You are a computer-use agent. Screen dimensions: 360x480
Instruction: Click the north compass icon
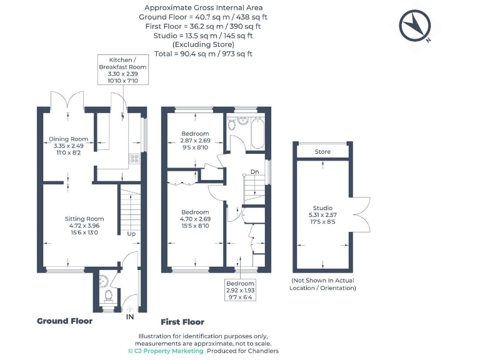point(415,27)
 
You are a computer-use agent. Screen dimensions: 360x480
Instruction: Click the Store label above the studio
point(322,152)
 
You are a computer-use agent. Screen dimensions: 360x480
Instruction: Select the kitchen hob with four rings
point(134,159)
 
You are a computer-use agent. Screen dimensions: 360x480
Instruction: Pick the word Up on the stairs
point(131,234)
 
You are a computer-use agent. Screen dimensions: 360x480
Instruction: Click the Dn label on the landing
point(254,171)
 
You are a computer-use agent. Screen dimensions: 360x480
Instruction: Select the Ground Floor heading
point(64,321)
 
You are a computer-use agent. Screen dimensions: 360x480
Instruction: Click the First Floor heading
point(182,322)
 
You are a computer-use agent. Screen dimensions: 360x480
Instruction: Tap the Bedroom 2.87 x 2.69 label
point(195,141)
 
